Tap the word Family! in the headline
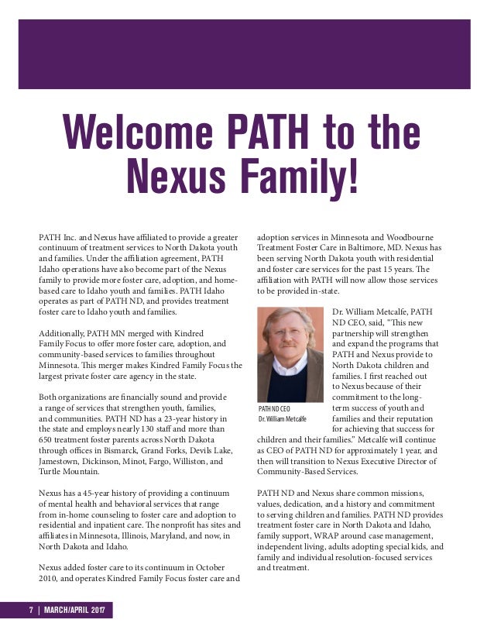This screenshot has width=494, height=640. point(298,176)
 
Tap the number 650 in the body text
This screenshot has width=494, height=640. point(47,439)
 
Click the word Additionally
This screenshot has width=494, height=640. point(66,332)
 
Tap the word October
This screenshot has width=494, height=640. point(205,568)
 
